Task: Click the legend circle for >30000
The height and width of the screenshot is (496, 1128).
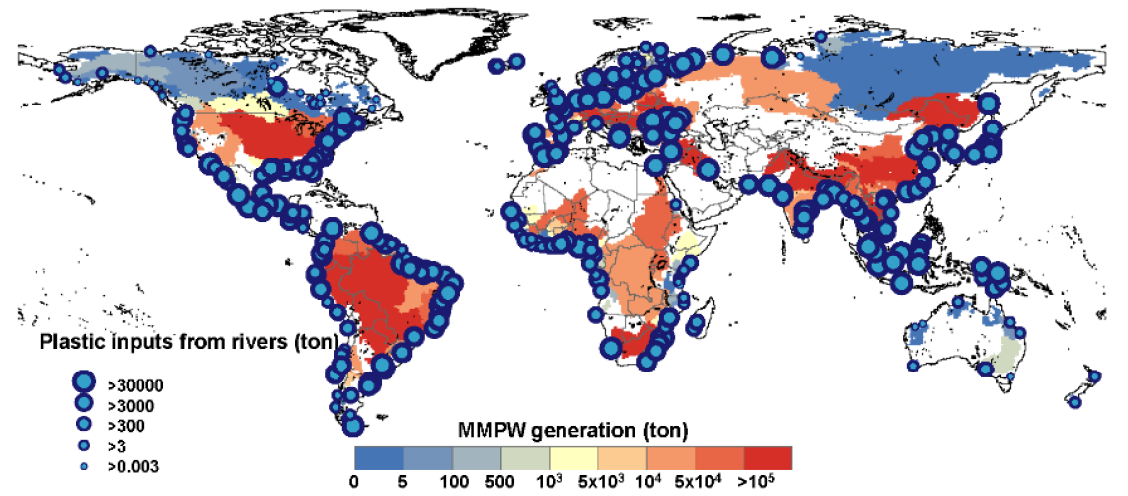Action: [x=84, y=382]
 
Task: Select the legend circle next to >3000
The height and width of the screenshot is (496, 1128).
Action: [x=84, y=403]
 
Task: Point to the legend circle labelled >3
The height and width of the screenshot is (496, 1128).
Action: [x=84, y=445]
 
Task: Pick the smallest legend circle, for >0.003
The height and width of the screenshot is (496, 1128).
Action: [x=84, y=465]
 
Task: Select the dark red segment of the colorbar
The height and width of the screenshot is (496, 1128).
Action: [x=768, y=457]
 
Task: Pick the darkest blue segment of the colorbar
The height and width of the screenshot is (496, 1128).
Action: [x=379, y=457]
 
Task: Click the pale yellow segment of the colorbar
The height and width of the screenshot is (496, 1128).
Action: [x=573, y=457]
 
